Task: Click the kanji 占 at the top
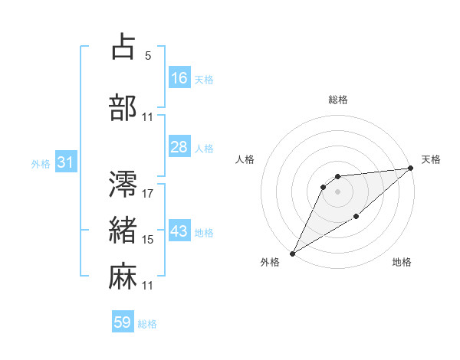click(x=123, y=47)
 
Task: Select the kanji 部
click(x=123, y=108)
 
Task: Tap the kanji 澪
click(x=123, y=184)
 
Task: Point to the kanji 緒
click(x=123, y=230)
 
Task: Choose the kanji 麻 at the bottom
click(x=123, y=276)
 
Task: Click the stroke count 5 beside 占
click(x=148, y=56)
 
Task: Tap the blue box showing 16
click(x=179, y=78)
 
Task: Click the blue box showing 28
click(x=179, y=147)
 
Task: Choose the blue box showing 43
click(x=179, y=231)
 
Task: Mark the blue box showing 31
click(x=64, y=162)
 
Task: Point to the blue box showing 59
click(x=123, y=322)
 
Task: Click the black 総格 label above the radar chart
click(x=338, y=100)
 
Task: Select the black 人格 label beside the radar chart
click(x=245, y=159)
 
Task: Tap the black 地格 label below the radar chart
click(x=402, y=263)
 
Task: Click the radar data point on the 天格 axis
click(x=411, y=169)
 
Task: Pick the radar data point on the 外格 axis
click(x=292, y=253)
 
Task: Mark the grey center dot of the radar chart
click(x=337, y=191)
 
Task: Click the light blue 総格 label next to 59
click(x=147, y=324)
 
